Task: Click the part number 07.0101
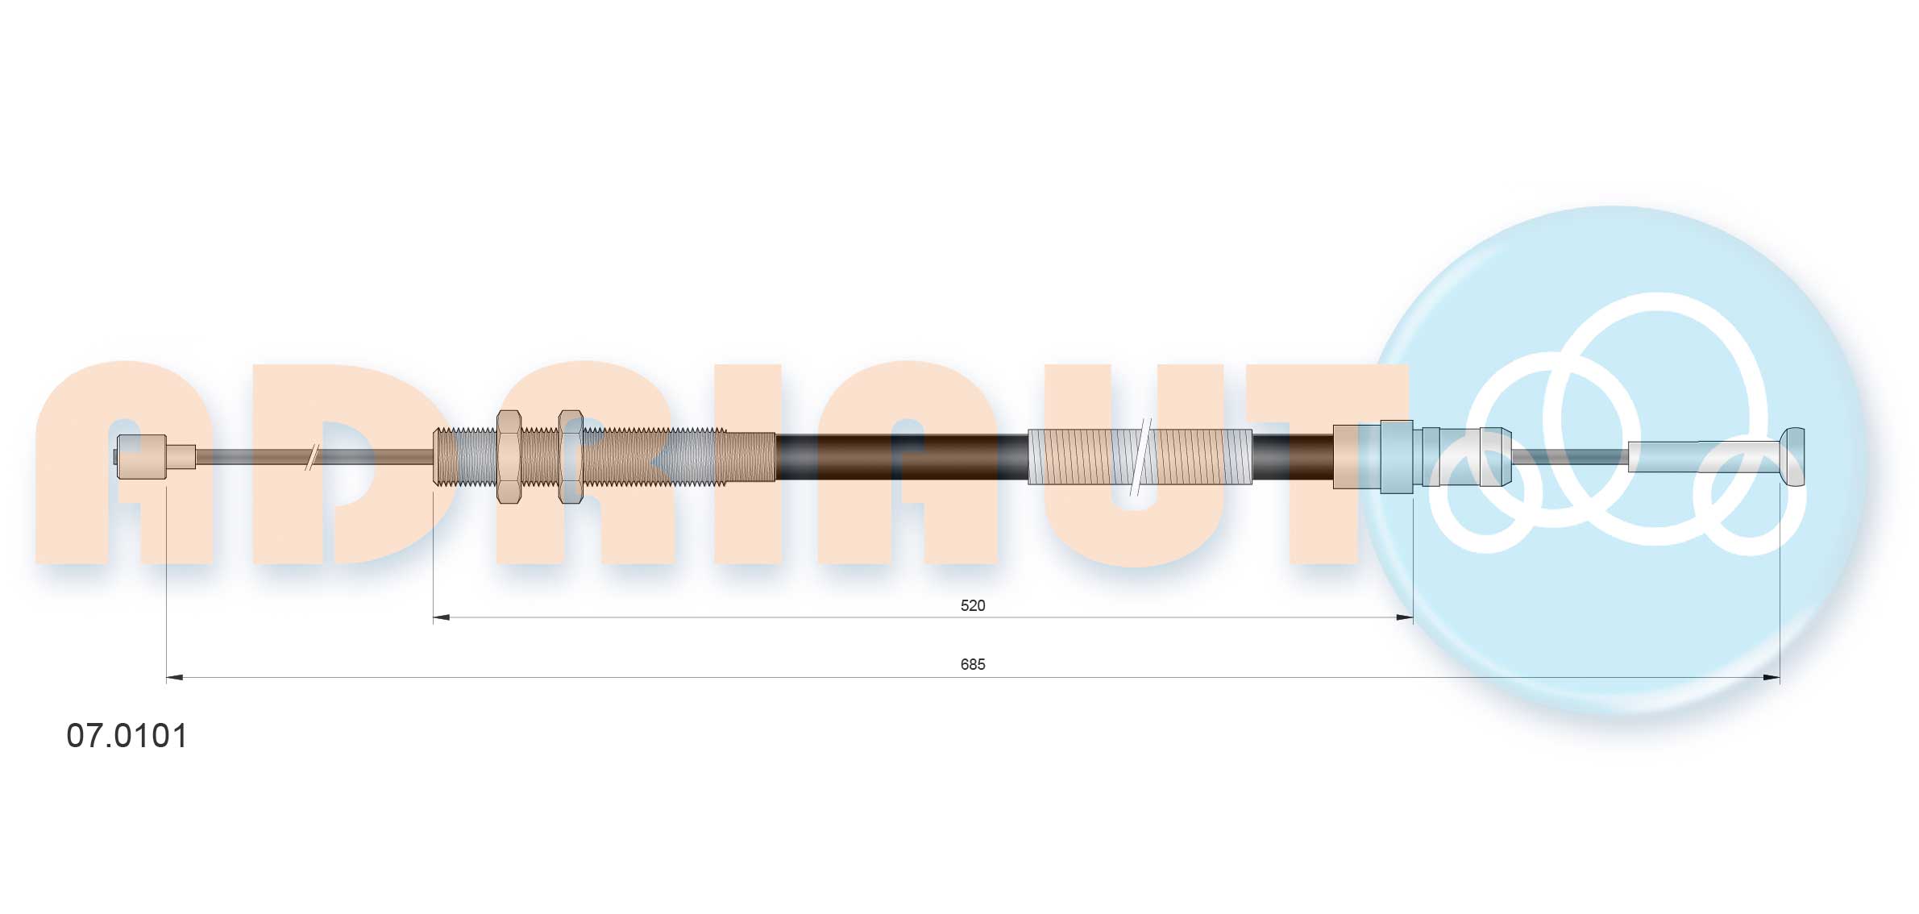[x=127, y=736]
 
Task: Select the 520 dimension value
[x=973, y=605]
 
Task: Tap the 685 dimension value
[x=973, y=664]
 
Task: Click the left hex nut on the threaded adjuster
[x=509, y=457]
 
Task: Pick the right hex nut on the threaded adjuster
[x=571, y=457]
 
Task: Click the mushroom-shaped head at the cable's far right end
[x=1792, y=457]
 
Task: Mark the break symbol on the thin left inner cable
[x=312, y=457]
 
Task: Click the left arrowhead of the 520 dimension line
[x=441, y=618]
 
